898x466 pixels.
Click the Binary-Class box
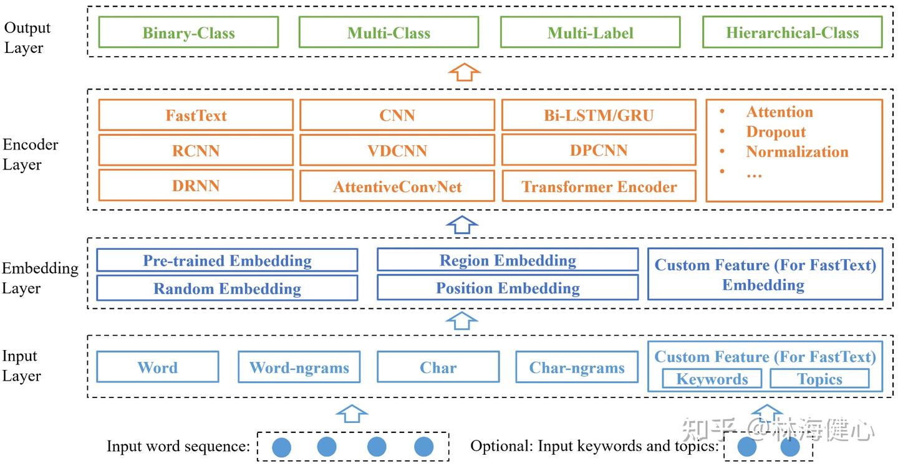click(188, 32)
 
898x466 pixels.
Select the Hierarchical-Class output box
click(792, 32)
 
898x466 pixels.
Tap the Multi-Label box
click(590, 32)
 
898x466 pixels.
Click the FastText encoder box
click(196, 115)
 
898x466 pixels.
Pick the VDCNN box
click(397, 150)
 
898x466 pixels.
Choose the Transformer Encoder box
click(599, 187)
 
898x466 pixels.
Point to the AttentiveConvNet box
click(397, 187)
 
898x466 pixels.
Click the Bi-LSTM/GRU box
click(599, 115)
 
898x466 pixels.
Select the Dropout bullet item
click(775, 132)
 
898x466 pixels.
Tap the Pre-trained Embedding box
click(227, 260)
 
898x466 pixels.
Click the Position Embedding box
click(508, 288)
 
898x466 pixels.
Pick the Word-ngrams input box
click(299, 368)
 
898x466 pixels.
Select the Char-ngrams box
click(577, 368)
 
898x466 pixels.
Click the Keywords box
click(712, 379)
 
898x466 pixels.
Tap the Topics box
click(819, 379)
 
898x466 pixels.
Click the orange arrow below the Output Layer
click(465, 72)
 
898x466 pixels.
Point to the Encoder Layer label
click(31, 155)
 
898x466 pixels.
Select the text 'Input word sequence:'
click(178, 447)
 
